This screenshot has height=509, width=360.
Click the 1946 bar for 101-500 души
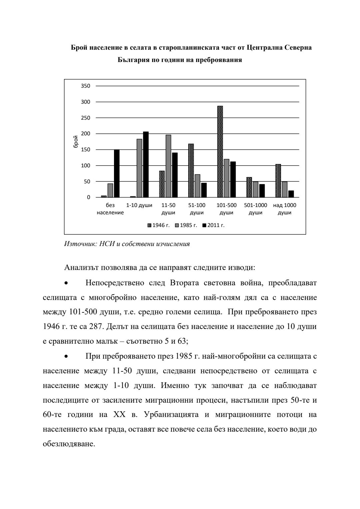220,152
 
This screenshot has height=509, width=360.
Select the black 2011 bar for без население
117,173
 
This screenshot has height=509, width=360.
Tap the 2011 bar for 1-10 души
146,164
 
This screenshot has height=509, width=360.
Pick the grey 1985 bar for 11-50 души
168,166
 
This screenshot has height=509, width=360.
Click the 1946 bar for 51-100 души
191,170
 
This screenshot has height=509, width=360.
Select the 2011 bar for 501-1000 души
262,191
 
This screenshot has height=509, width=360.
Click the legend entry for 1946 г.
159,225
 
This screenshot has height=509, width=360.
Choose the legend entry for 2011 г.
213,225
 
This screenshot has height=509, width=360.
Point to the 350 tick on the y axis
86,86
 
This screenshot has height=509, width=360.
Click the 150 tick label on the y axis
86,150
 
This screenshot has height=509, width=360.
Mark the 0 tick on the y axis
88,197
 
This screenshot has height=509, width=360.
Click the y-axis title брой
76,142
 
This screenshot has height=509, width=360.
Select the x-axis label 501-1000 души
256,209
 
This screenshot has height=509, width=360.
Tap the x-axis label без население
110,209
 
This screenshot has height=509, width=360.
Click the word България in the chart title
134,60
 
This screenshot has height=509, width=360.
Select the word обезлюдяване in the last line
69,444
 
